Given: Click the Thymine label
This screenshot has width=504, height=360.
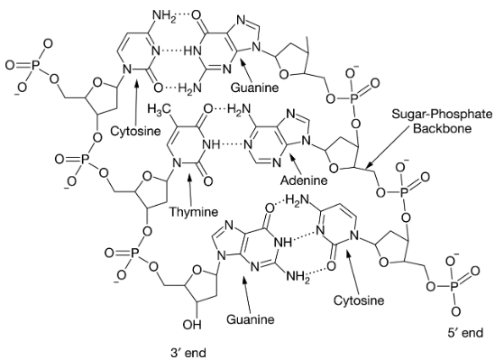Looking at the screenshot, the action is [x=194, y=212].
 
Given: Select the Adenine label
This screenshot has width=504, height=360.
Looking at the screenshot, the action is [x=304, y=180].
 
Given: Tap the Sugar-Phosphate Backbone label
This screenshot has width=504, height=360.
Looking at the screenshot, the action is [x=442, y=121].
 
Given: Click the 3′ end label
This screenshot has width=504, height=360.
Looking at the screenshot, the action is [x=188, y=352].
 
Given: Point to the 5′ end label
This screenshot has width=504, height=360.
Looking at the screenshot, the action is [x=465, y=332].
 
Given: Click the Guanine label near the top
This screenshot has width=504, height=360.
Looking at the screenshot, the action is [x=254, y=88].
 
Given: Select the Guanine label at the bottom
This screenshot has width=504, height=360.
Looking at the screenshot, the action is [x=251, y=319].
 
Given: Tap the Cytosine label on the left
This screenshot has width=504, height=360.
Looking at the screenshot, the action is [x=135, y=131].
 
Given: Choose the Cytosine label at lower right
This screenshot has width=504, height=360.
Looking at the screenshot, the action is [x=359, y=300].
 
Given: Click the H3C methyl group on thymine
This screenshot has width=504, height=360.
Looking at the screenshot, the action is [x=159, y=109].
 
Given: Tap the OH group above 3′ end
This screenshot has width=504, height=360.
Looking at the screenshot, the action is [x=192, y=325].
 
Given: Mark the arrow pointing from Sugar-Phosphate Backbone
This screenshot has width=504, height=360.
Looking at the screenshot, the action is [x=388, y=146].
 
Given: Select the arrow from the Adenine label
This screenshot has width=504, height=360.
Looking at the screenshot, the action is [x=296, y=164].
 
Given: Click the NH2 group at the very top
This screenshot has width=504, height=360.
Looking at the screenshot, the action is [x=165, y=16].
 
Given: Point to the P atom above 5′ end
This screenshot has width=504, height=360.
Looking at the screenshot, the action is [x=454, y=286].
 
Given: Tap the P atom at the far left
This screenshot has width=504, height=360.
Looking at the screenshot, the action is [x=36, y=65].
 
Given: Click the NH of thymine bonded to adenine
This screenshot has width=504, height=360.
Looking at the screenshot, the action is [x=211, y=144].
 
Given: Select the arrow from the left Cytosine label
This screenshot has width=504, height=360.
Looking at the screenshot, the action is [x=136, y=102].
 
